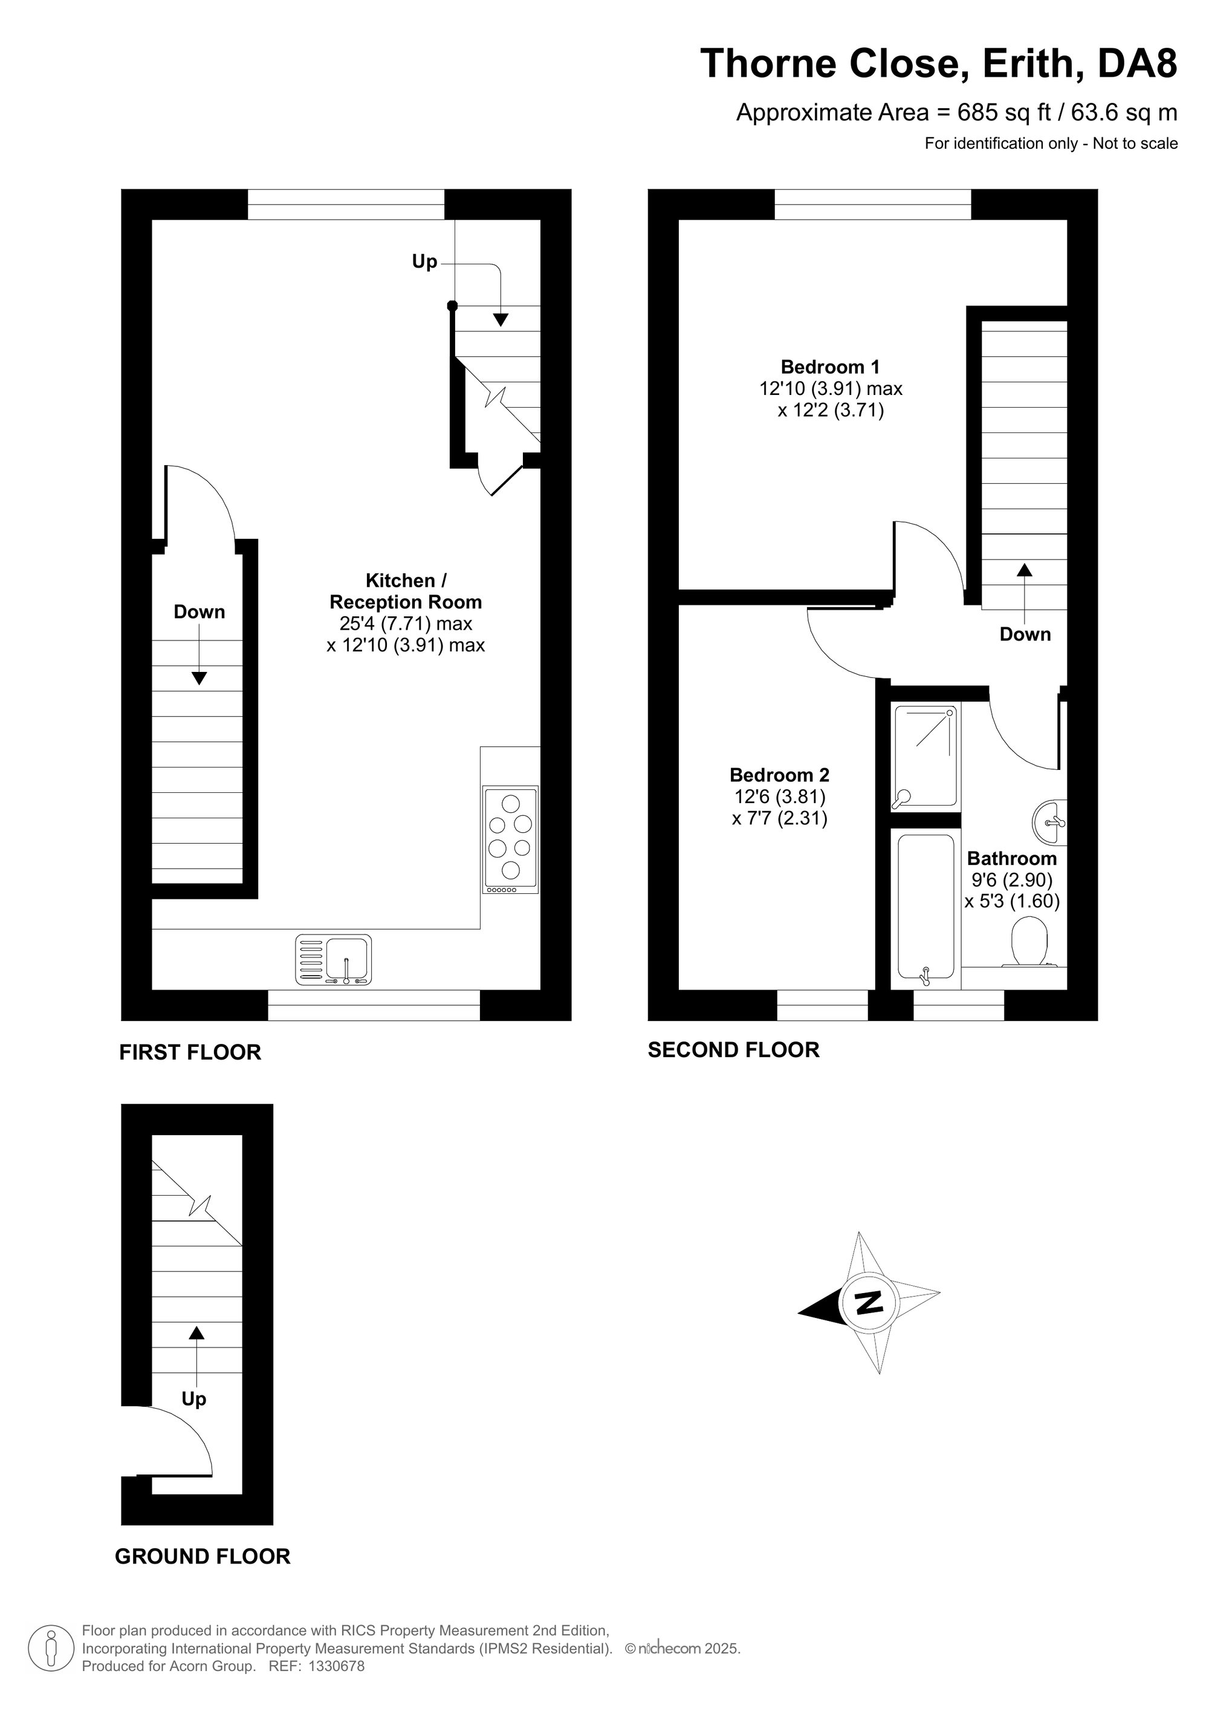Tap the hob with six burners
coord(511,840)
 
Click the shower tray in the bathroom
coord(924,757)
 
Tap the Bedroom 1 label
coord(830,367)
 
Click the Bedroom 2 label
coord(779,775)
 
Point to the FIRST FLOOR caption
coord(190,1052)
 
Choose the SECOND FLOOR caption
coord(734,1050)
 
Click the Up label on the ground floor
coord(193,1400)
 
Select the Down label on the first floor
coord(199,612)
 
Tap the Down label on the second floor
coord(1025,634)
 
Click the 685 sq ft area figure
coord(1003,112)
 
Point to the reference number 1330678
coord(337,1666)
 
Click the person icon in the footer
coord(51,1649)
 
